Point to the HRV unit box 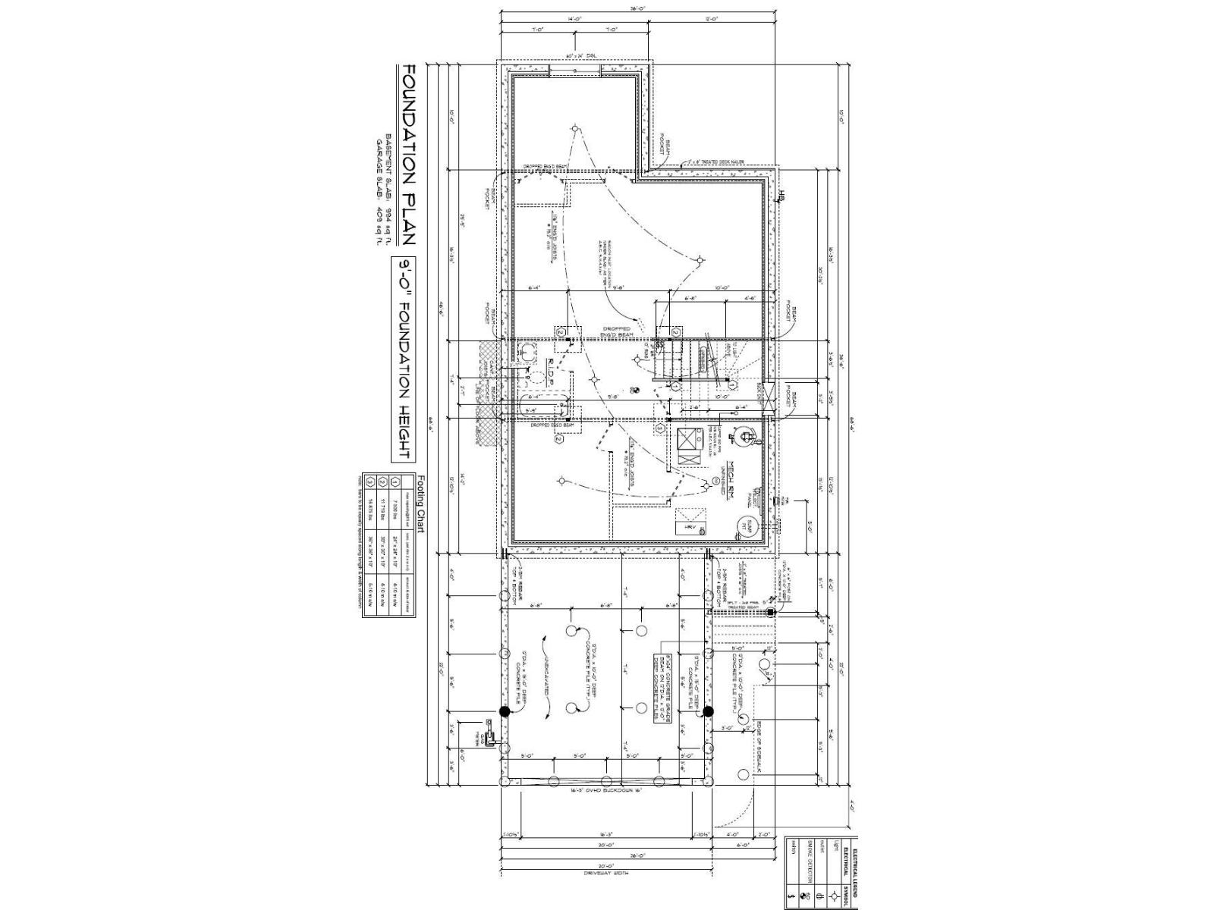[691, 526]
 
